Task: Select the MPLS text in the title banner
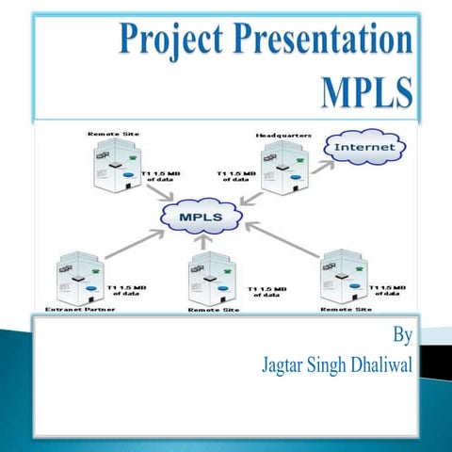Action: (x=366, y=91)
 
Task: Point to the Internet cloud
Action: (x=363, y=149)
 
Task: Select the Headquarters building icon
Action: (x=282, y=169)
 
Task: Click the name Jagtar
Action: (x=282, y=363)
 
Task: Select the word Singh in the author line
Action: (x=329, y=363)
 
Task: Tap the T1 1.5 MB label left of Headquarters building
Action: (x=235, y=177)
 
